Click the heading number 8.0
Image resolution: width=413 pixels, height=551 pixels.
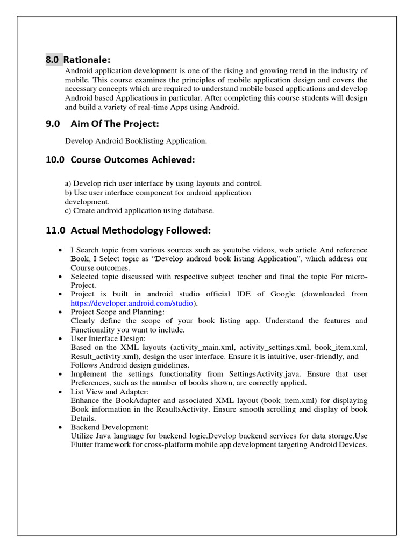(x=52, y=60)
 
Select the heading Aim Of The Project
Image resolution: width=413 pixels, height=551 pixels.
(x=115, y=124)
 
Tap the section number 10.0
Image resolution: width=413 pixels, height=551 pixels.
(x=55, y=160)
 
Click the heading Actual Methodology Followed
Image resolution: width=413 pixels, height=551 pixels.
(x=141, y=230)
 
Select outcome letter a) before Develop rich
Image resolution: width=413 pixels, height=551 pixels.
(x=68, y=183)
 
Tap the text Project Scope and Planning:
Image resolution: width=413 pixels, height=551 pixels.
(x=118, y=312)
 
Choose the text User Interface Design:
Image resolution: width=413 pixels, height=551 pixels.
(x=108, y=338)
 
